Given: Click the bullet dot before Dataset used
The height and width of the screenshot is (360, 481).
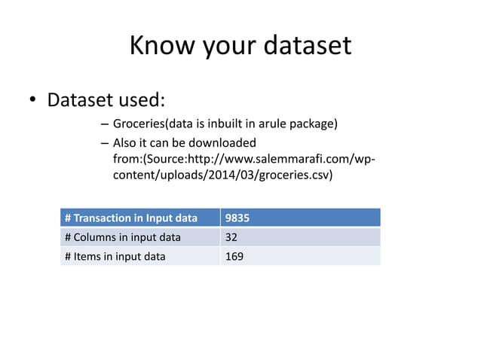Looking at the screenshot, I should click(32, 101).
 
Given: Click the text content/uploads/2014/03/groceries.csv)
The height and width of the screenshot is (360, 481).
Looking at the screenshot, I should click(222, 175).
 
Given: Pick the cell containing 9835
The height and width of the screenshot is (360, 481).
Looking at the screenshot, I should click(237, 218).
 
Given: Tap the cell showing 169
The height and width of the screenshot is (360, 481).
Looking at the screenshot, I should click(234, 256).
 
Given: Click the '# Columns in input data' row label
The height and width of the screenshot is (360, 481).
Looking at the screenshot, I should click(123, 237).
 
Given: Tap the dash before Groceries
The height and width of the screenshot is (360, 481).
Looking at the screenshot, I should click(103, 124).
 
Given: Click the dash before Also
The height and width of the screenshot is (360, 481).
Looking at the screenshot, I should click(103, 142).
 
